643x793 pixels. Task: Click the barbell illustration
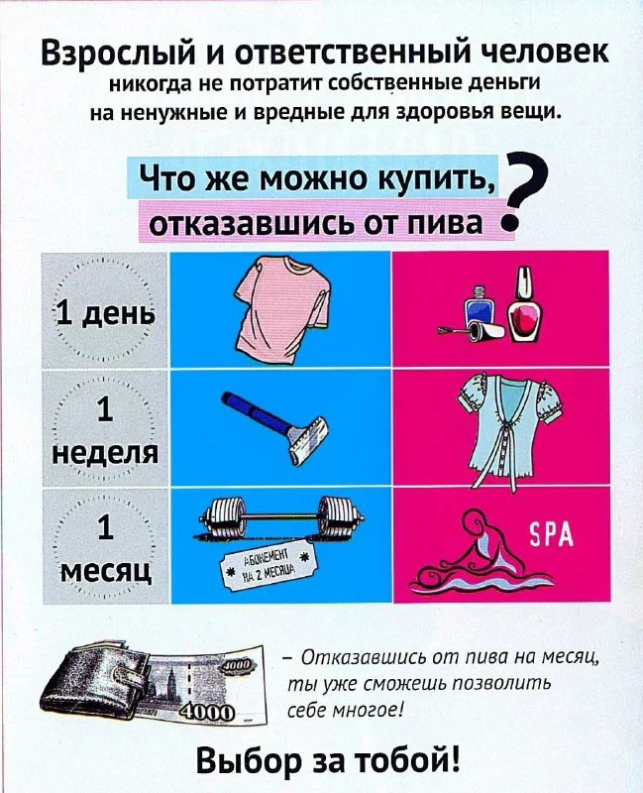coord(280,515)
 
